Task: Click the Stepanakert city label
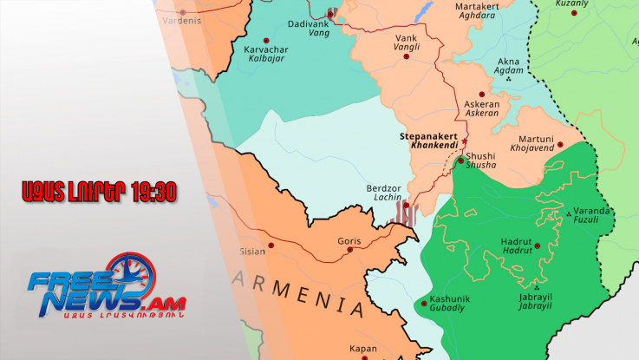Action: pos(430,136)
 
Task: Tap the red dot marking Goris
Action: pos(350,251)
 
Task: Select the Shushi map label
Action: pos(480,156)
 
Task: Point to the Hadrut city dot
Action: pos(538,245)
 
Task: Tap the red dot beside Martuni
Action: pos(560,145)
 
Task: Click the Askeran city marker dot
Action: pos(482,94)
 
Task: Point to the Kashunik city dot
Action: pos(422,302)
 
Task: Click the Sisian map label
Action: pos(252,252)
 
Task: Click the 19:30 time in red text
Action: pos(156,193)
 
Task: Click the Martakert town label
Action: pos(478,7)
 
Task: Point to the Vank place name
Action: pos(406,38)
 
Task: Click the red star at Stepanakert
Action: pos(465,141)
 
